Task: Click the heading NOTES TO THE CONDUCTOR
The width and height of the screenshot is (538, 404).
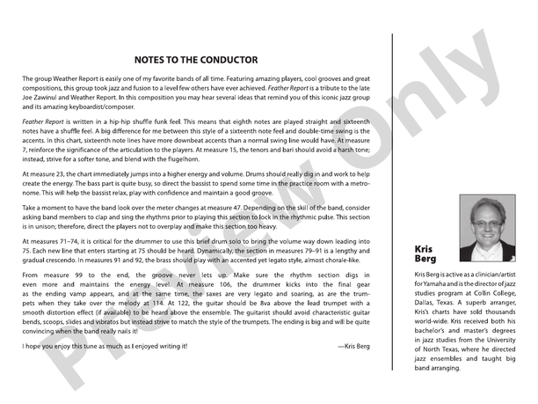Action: [196, 61]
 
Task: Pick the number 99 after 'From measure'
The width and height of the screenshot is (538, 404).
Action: [76, 277]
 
